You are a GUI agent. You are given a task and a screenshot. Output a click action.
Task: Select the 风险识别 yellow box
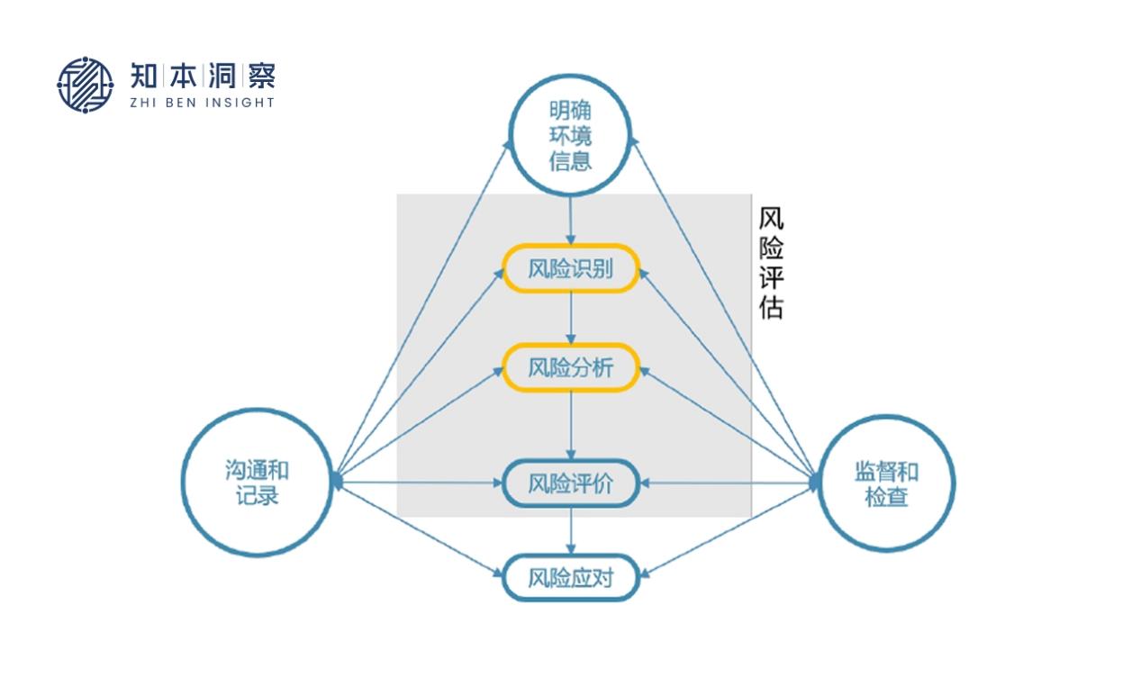click(x=570, y=269)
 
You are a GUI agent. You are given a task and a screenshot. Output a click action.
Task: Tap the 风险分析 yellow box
click(x=570, y=367)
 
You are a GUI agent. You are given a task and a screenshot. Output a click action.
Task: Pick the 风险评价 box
click(x=570, y=483)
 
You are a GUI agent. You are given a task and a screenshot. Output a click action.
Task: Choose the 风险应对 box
click(x=570, y=577)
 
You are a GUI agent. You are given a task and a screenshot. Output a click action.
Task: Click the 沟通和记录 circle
click(x=258, y=483)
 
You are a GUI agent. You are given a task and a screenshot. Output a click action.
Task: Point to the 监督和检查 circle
click(x=886, y=483)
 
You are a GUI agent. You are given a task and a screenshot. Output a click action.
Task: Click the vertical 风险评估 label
click(x=771, y=263)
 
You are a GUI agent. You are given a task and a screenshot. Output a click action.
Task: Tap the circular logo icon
click(x=86, y=85)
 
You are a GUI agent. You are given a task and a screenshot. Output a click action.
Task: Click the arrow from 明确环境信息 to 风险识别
click(x=570, y=220)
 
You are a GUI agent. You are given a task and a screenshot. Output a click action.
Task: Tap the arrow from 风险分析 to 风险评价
click(x=570, y=423)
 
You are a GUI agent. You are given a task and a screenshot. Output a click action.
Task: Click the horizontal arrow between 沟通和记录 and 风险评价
click(x=419, y=483)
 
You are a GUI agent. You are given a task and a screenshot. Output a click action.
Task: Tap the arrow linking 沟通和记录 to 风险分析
click(x=419, y=424)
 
